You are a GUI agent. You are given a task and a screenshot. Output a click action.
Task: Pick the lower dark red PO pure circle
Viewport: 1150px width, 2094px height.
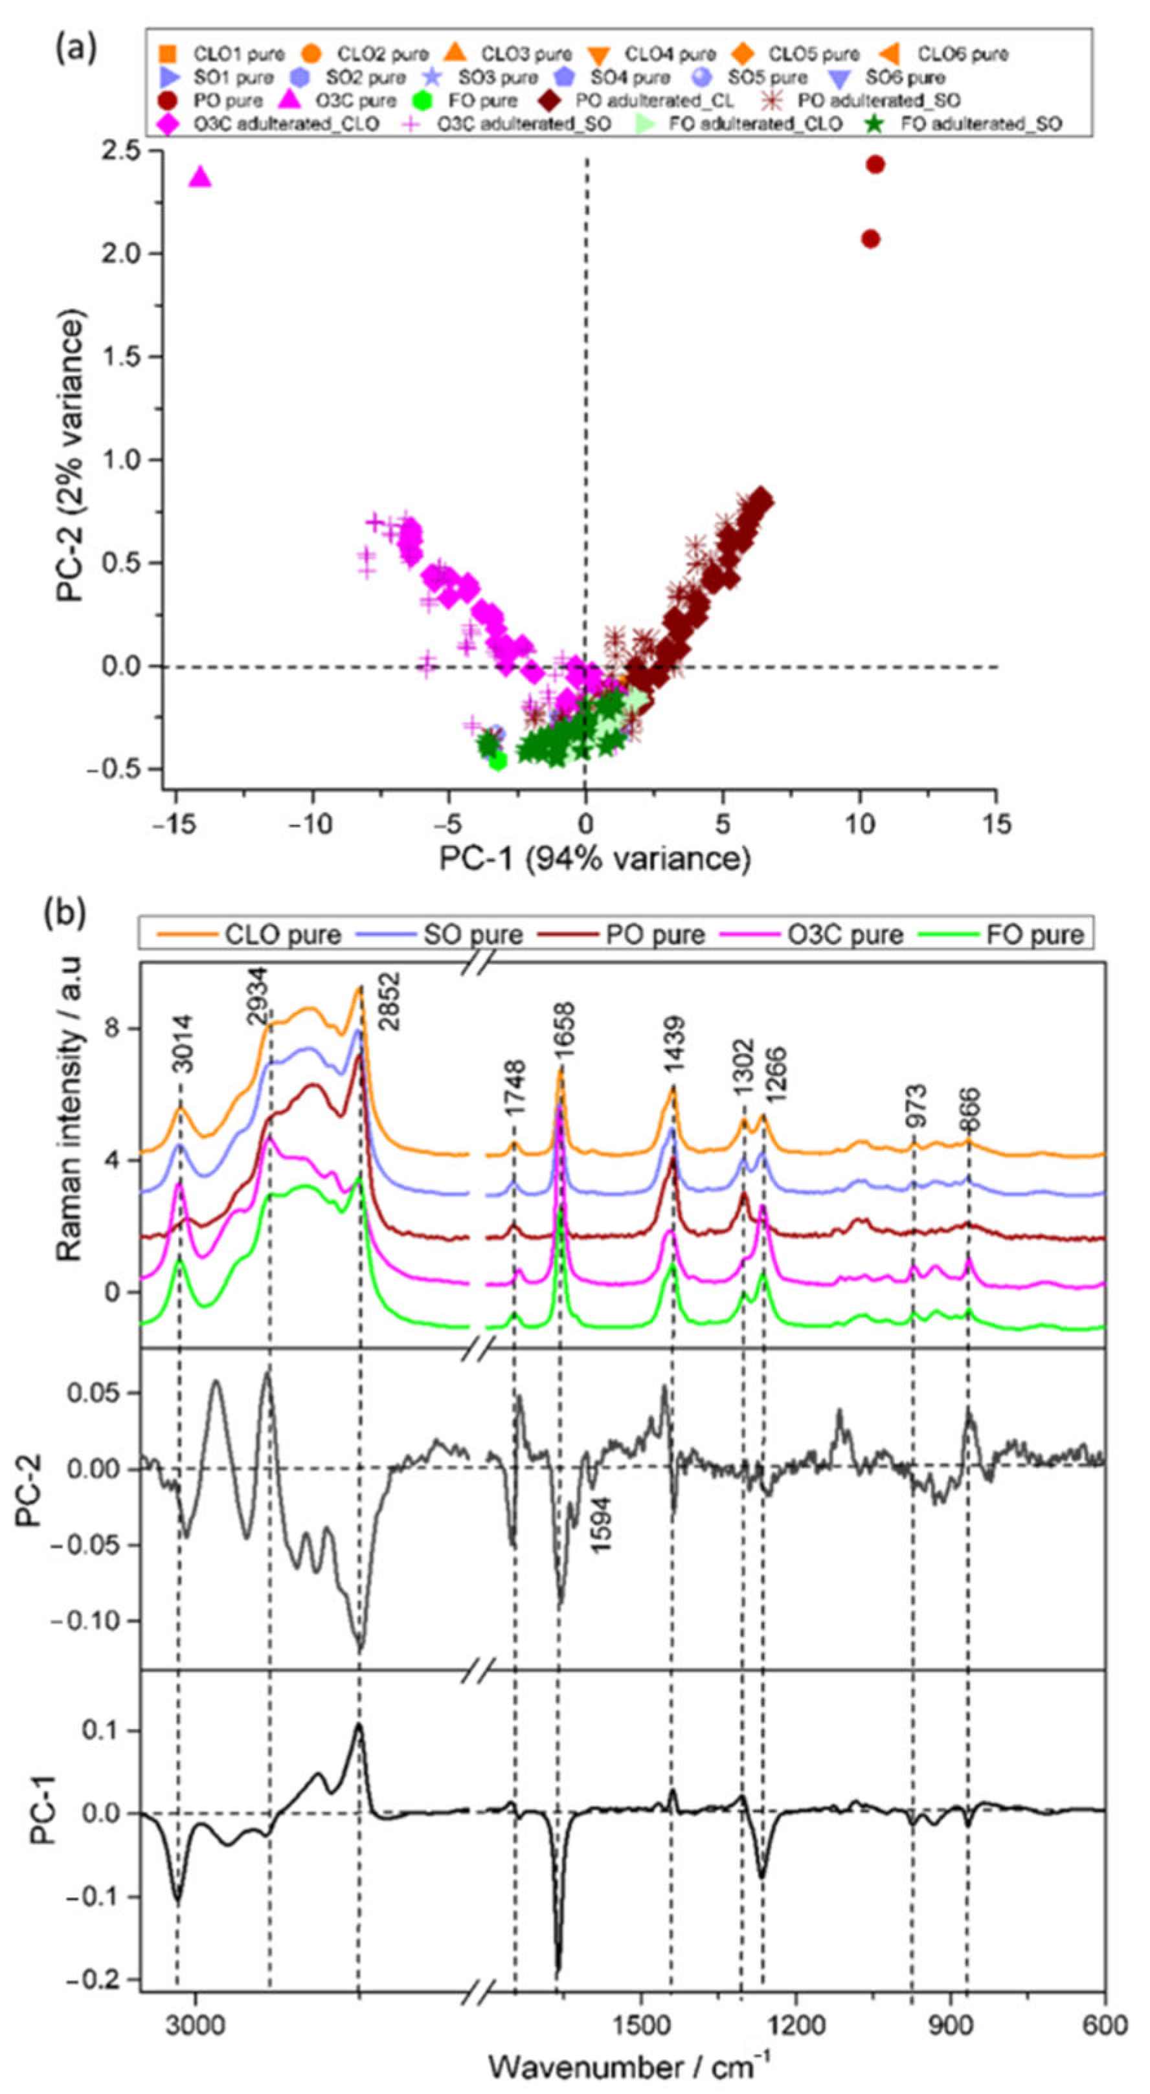(870, 239)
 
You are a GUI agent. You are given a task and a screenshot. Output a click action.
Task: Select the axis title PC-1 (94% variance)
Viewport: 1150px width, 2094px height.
(594, 860)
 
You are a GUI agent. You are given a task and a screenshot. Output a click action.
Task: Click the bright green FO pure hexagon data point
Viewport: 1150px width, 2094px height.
(498, 761)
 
